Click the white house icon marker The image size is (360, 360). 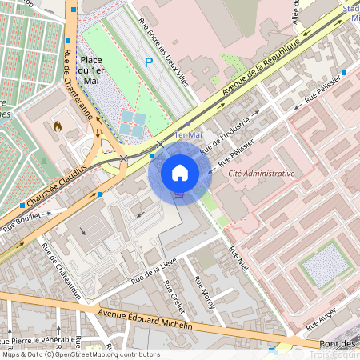(180, 172)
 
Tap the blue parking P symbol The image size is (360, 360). (147, 62)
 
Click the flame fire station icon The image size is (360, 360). (57, 126)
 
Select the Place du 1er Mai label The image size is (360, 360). (90, 70)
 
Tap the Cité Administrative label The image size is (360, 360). (261, 173)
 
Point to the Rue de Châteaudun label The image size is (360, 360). (62, 272)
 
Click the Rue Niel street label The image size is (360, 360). (238, 263)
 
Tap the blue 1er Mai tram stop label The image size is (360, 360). (187, 135)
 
